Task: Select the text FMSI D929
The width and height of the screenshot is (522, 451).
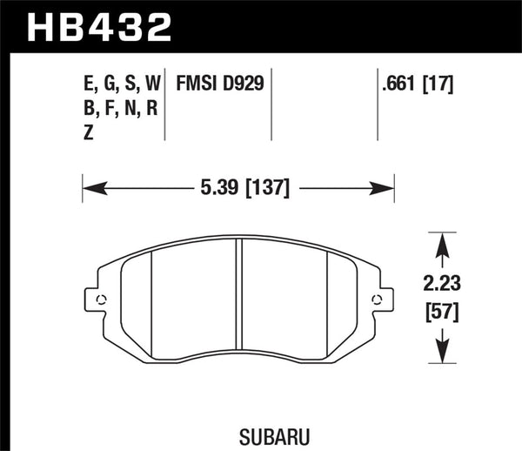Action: coord(220,84)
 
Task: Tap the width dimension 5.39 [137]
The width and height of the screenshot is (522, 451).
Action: coord(238,186)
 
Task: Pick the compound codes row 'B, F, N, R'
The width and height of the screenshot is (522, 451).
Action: coord(118,109)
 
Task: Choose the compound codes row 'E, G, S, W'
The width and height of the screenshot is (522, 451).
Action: coord(119,84)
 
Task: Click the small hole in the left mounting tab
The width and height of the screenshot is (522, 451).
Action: coord(100,301)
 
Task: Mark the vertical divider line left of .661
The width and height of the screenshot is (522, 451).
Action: coord(378,104)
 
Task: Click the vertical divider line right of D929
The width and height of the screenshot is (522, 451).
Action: coord(272,104)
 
